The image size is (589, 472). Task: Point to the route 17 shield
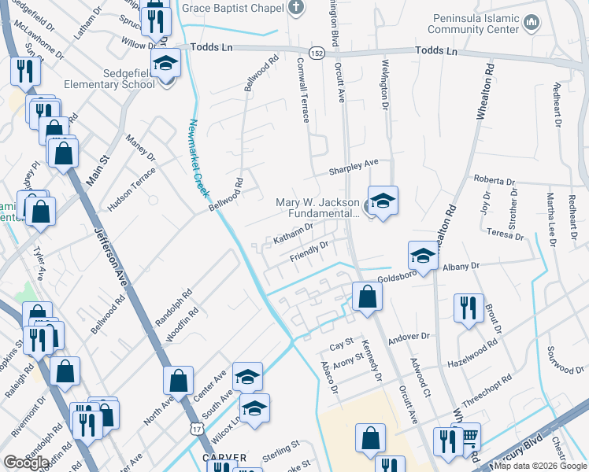195,429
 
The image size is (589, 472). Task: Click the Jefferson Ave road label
112,252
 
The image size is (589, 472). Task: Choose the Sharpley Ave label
354,168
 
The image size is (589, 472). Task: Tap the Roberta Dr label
494,181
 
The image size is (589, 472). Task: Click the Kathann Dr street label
293,233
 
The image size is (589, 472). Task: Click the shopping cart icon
469,436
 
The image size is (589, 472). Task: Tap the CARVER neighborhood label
225,457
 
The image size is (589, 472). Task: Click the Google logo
26,463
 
